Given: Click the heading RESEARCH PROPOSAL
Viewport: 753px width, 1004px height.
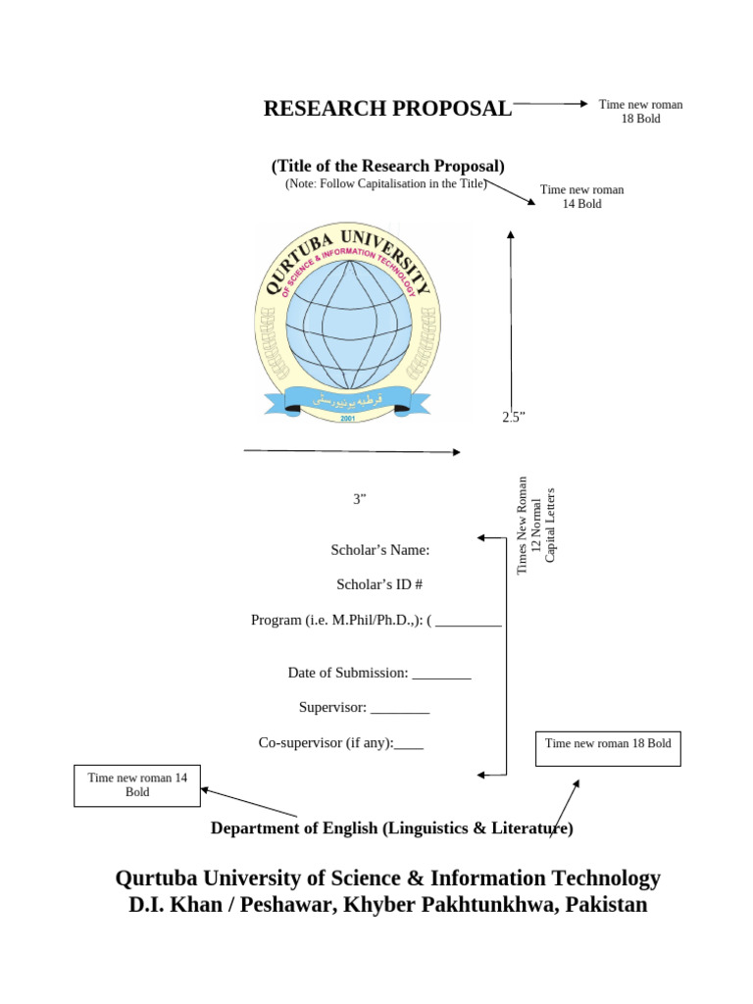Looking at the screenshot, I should point(387,109).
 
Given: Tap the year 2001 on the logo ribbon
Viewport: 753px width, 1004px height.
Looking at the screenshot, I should point(348,418).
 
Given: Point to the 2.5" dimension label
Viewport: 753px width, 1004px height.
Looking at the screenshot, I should point(514,418).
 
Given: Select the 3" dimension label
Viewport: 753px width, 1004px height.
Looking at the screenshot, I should point(360,499).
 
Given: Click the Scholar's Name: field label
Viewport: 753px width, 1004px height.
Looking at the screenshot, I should point(380,550).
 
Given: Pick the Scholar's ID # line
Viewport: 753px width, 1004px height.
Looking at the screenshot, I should point(379,584).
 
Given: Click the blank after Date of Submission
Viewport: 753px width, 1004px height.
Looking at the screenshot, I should point(441,674).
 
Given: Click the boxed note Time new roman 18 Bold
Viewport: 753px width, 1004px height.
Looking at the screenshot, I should point(608,744).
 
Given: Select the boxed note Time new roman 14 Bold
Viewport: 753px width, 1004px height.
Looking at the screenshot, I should point(137,784).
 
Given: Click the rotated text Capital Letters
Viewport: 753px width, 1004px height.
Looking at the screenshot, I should point(550,525).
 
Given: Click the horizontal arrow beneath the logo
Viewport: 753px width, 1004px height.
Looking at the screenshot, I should point(352,451).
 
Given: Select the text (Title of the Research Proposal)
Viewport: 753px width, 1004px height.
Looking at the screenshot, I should point(388,166).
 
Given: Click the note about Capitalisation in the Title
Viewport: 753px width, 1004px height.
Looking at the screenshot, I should point(385,183).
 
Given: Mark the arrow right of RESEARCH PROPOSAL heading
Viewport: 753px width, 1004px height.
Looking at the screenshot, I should point(550,103).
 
